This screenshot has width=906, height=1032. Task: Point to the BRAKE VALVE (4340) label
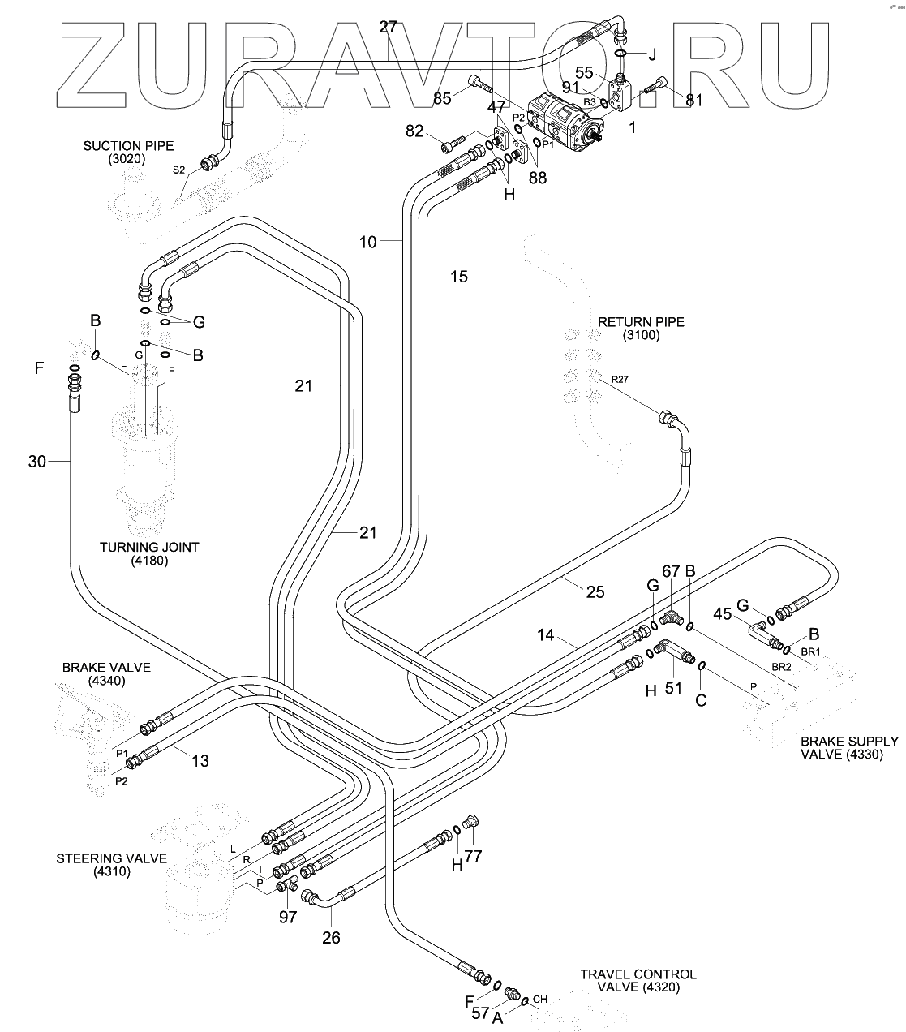coord(106,674)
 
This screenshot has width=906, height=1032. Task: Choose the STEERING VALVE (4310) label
coord(111,865)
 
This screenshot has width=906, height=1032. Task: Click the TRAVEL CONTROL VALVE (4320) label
coord(638,981)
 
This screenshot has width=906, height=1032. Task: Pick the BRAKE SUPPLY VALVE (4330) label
coord(849,747)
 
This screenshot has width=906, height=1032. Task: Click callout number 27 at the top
coord(389,27)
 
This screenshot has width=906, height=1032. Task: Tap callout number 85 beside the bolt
coord(442,99)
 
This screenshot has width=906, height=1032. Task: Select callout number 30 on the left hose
coord(37,462)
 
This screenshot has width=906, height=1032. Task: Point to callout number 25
coord(595,592)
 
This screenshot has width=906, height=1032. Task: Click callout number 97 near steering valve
coord(288,917)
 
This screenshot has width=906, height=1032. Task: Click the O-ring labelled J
coord(620,54)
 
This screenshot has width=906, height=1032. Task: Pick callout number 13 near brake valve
coord(200,760)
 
